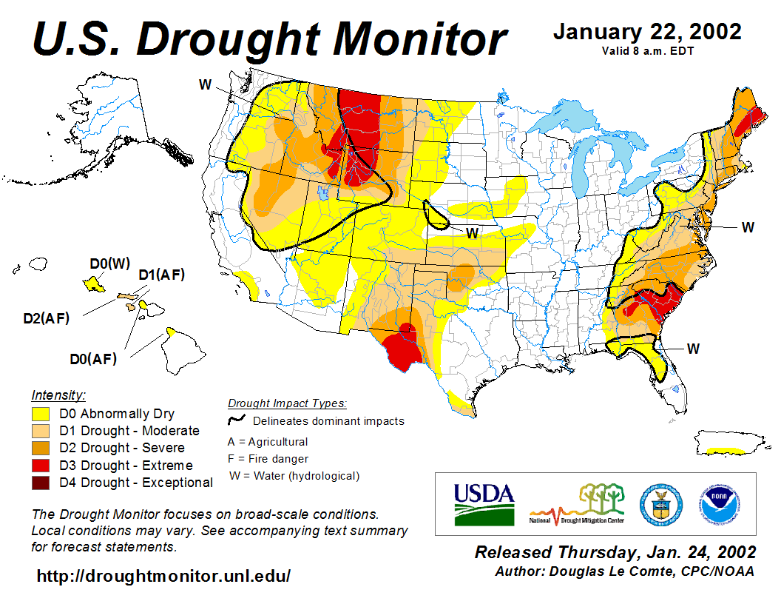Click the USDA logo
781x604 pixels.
click(x=484, y=503)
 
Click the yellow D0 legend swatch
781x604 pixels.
click(x=40, y=414)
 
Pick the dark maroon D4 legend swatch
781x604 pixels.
click(x=40, y=483)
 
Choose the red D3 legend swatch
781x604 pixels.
click(x=40, y=466)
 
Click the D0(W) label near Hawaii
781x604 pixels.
click(x=109, y=264)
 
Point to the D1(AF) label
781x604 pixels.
click(x=161, y=275)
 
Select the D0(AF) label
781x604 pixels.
click(x=93, y=360)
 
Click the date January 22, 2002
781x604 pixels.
click(x=647, y=32)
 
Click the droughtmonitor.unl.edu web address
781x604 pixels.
click(x=163, y=575)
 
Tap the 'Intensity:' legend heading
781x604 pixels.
click(x=58, y=395)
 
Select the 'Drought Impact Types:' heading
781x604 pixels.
click(x=287, y=403)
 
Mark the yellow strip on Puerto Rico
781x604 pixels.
click(x=726, y=450)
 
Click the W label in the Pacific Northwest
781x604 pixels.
click(x=205, y=84)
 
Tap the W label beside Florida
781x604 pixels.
click(x=693, y=347)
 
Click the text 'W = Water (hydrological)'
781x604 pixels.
click(x=294, y=476)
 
